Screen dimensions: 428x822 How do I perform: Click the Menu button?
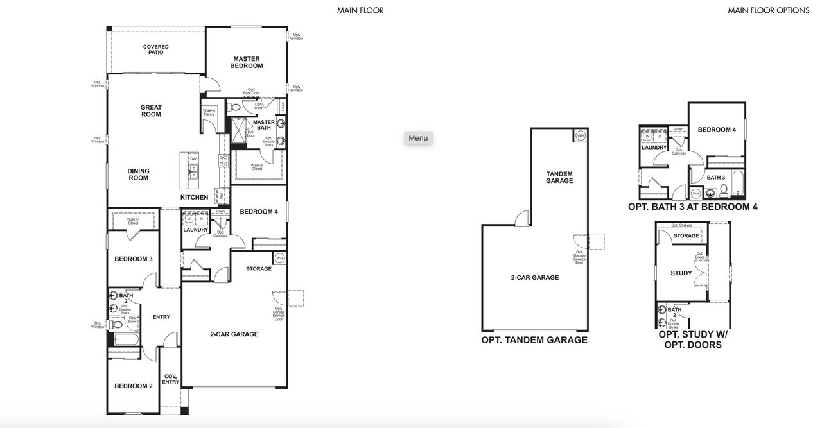(418, 138)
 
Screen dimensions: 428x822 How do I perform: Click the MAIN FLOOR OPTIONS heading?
(768, 10)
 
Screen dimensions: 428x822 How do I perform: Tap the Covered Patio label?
(155, 49)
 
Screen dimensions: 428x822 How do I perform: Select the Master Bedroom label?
(247, 62)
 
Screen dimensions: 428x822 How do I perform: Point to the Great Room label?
(151, 111)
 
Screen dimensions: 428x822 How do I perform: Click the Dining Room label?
(138, 175)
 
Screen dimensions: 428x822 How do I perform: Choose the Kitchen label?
(194, 197)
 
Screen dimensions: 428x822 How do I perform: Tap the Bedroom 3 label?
(133, 259)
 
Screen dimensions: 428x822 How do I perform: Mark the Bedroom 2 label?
(133, 386)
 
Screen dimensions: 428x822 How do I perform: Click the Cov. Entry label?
(171, 379)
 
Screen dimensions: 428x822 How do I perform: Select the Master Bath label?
(263, 124)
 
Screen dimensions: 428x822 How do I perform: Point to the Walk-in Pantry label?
(209, 112)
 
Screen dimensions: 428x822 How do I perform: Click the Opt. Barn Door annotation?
(250, 92)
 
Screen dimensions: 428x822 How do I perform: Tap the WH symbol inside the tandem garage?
(580, 135)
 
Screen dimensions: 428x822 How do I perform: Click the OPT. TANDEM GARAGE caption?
(534, 340)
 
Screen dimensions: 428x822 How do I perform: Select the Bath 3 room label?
(715, 178)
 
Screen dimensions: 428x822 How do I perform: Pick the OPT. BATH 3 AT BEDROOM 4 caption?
(692, 207)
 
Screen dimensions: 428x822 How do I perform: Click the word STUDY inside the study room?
(681, 273)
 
